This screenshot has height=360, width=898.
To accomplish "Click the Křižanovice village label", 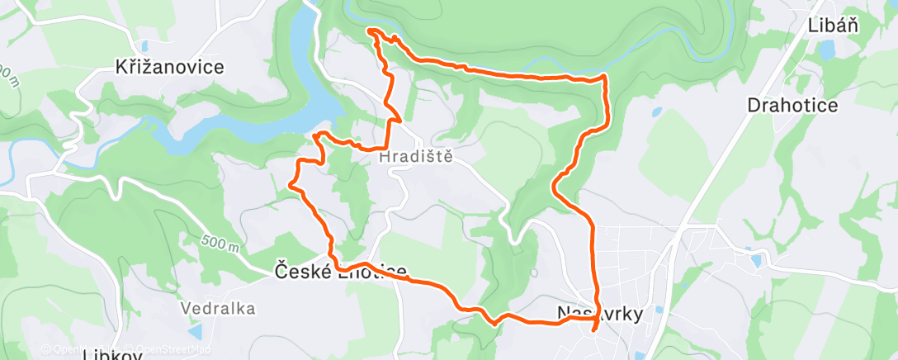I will pos(171,68).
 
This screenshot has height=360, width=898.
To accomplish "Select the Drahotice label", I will pos(792,106).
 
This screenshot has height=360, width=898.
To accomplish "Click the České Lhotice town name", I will pos(340,271).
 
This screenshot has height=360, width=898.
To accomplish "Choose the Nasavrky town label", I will pos(600,313).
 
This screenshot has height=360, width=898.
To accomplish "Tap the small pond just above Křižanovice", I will pos(145,46).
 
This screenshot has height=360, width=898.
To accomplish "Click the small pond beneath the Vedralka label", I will pos(196,332).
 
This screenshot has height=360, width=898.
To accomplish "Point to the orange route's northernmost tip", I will pos(370,31).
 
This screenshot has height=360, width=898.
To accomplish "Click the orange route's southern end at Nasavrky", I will pos(594,331).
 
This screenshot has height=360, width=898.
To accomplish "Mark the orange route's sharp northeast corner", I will pos(606,76).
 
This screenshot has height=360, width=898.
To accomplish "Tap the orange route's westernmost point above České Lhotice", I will pos(291,185).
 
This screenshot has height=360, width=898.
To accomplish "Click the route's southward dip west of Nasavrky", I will pos(494,323).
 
